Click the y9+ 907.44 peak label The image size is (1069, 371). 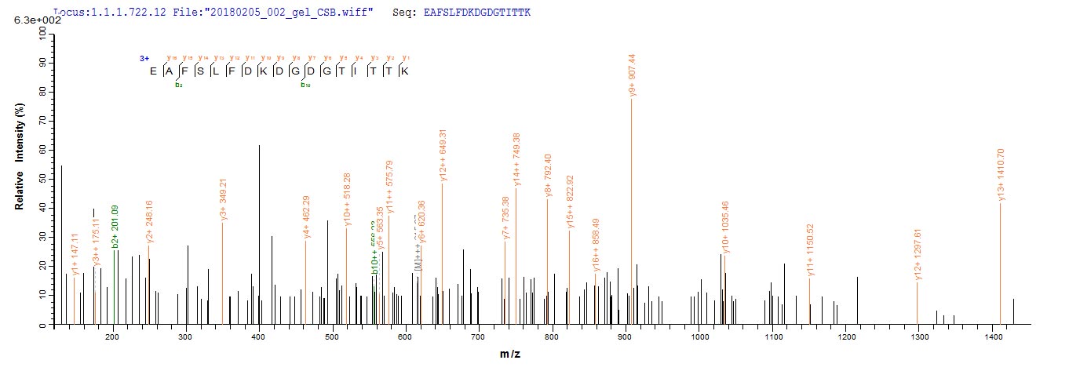click(x=632, y=75)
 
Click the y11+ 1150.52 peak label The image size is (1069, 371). click(x=810, y=252)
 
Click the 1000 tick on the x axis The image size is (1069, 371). click(x=700, y=336)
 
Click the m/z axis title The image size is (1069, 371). click(x=511, y=355)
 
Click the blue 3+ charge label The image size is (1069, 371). click(x=144, y=57)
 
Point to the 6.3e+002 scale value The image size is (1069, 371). click(x=32, y=21)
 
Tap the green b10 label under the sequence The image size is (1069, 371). click(x=305, y=85)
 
